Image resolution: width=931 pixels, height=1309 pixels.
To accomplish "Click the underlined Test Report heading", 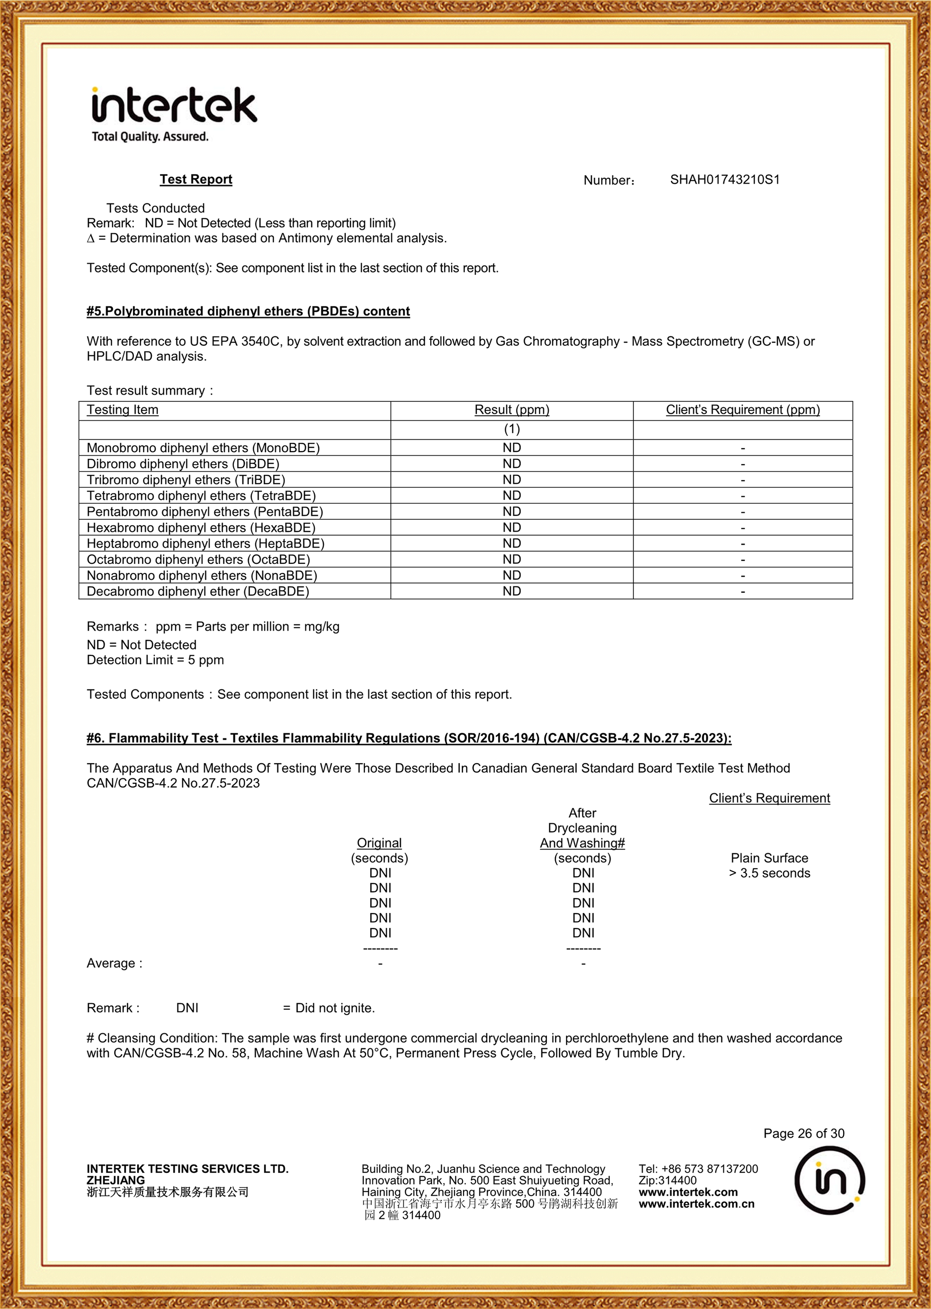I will tap(196, 180).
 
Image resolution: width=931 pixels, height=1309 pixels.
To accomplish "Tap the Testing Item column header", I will tap(123, 410).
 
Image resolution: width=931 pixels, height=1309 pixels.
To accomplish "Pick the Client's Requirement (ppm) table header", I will tap(742, 410).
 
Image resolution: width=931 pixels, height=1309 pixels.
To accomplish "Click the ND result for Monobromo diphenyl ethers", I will tap(512, 448).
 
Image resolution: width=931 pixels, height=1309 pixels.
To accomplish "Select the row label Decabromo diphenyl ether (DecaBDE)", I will tap(198, 592).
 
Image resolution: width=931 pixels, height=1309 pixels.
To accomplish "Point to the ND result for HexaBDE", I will tap(512, 527).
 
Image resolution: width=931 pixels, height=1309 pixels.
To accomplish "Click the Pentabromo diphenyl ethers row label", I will tap(205, 512).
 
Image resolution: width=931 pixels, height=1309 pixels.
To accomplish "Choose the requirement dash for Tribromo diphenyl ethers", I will tap(742, 480).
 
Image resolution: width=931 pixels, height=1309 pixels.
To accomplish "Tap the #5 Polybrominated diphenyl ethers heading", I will tap(248, 311).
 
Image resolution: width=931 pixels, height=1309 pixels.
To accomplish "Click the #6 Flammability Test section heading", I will tap(409, 738).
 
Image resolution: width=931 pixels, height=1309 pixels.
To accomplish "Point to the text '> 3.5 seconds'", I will tap(770, 873).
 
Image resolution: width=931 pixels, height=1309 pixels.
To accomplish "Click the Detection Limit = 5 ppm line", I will tap(155, 660).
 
